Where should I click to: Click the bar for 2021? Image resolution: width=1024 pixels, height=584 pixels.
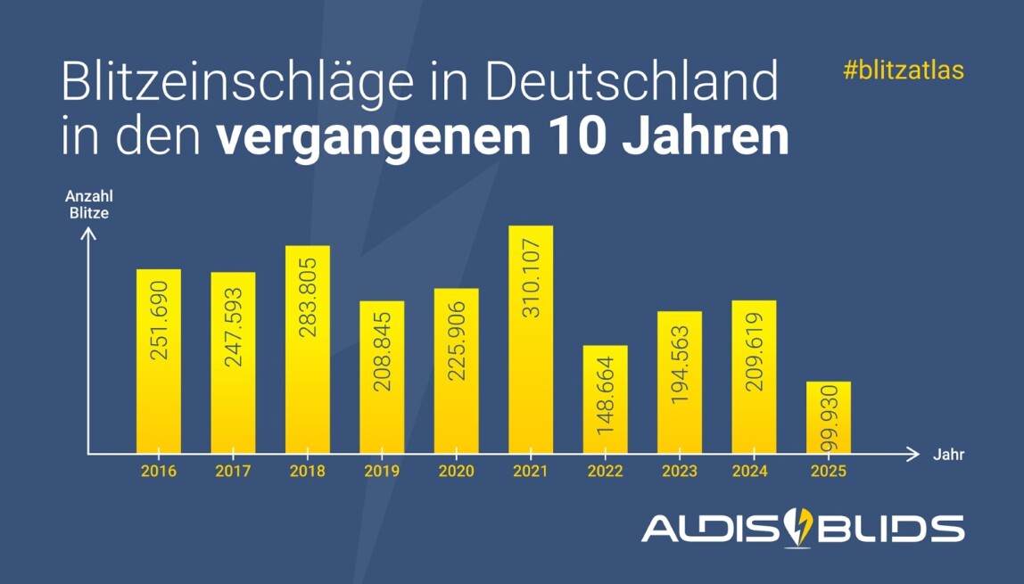(531, 339)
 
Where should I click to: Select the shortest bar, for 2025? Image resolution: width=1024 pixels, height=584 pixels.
(829, 417)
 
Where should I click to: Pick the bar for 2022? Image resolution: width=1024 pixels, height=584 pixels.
(606, 399)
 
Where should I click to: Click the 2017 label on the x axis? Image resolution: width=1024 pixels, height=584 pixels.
(233, 471)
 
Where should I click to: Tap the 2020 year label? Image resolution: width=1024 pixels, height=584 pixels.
(456, 471)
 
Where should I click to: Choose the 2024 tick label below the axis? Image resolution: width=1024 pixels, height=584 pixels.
(755, 471)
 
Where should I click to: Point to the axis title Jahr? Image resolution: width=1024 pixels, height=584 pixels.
(949, 455)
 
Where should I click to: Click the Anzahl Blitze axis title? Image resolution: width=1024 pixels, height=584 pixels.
(89, 204)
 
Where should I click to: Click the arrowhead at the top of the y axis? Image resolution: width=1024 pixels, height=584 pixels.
(87, 234)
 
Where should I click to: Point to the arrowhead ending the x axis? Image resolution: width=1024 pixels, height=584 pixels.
(913, 454)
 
